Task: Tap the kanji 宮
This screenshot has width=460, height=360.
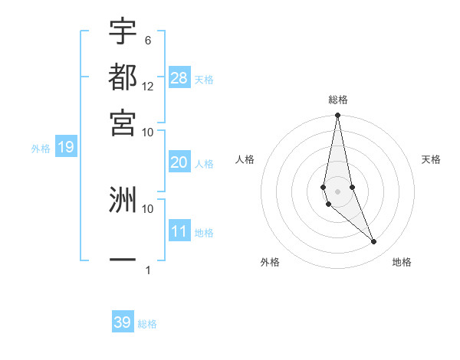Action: [x=123, y=123]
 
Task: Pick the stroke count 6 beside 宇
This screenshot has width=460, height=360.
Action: [x=148, y=40]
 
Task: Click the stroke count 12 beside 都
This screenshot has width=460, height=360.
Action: [x=148, y=86]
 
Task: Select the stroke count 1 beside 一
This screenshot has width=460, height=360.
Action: [x=148, y=270]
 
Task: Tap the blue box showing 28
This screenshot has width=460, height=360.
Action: [x=179, y=77]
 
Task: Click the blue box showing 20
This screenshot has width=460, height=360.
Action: [x=179, y=162]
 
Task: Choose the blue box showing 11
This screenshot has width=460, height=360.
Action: [x=179, y=231]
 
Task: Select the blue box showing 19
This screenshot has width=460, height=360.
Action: [x=65, y=147]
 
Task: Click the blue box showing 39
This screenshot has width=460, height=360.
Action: [x=123, y=322]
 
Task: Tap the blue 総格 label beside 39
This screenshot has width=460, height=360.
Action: [x=147, y=324]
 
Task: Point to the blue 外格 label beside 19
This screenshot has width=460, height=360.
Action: [x=41, y=149]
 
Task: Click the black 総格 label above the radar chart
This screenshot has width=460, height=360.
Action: [x=337, y=100]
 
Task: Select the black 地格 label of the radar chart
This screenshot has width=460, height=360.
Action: [x=402, y=263]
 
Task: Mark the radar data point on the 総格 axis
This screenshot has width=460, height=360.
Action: [x=337, y=116]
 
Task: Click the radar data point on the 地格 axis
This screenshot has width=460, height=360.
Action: [x=374, y=242]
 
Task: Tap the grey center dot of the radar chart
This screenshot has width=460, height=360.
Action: [x=337, y=191]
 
